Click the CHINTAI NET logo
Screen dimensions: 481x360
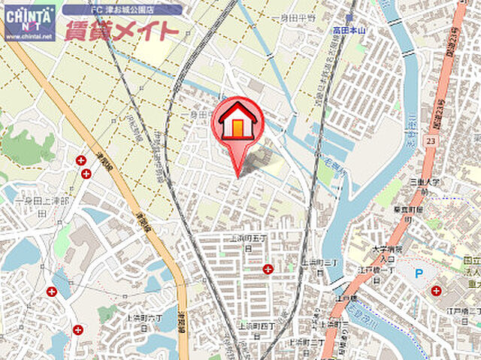[x=29, y=17]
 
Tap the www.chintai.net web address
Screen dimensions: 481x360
[x=29, y=35]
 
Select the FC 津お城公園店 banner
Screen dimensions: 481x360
[x=122, y=10]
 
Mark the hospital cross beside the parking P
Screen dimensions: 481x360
[x=436, y=291]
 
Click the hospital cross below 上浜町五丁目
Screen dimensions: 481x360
[x=268, y=269]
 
